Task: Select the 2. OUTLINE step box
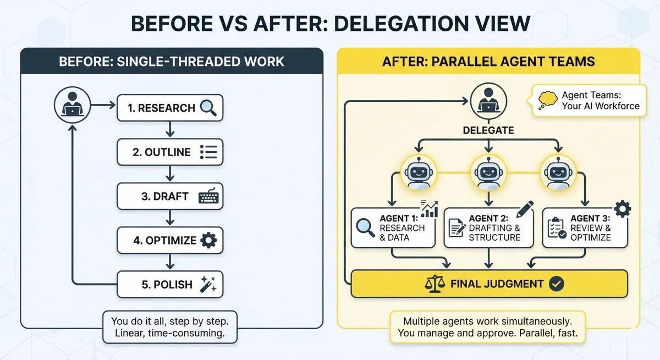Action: point(170,152)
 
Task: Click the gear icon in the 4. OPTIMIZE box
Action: point(208,240)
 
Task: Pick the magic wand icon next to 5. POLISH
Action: point(209,285)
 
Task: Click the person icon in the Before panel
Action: point(72,107)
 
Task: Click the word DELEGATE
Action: point(488,131)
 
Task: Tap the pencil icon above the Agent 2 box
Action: point(524,209)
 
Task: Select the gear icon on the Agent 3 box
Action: point(622,209)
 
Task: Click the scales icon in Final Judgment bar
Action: point(435,284)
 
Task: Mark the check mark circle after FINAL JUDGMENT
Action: point(557,284)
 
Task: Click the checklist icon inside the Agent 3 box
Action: point(556,228)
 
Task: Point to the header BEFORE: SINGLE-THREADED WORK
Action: point(172,60)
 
